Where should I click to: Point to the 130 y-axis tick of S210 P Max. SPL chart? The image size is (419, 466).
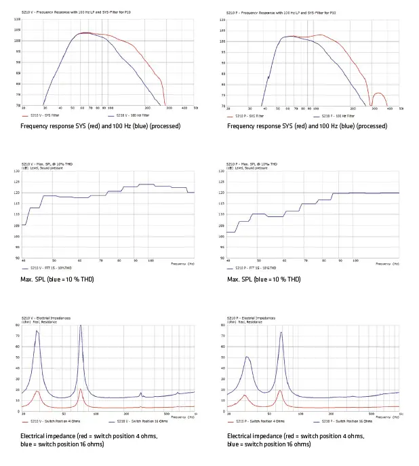pyautogui.click(x=222, y=171)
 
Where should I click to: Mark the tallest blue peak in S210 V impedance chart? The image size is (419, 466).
pyautogui.click(x=81, y=326)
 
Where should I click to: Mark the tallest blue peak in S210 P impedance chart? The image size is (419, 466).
pyautogui.click(x=281, y=332)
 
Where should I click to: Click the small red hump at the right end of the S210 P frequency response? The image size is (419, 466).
pyautogui.click(x=378, y=94)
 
